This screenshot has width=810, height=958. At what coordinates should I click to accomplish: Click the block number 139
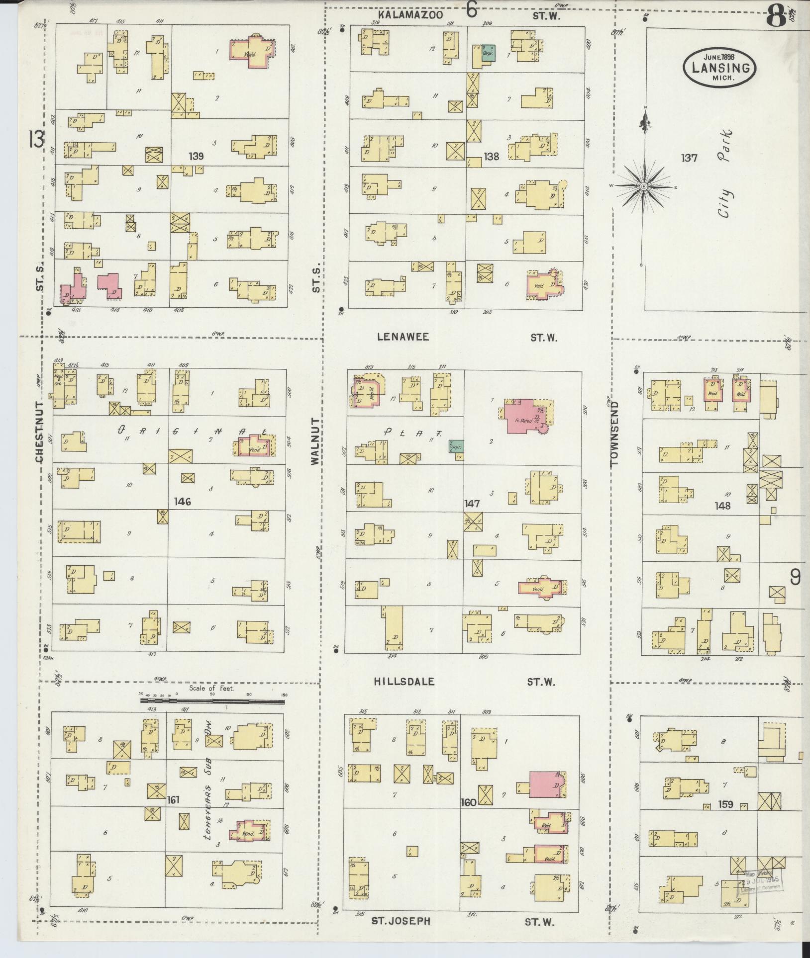click(x=197, y=157)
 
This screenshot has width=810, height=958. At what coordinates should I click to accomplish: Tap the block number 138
click(x=491, y=157)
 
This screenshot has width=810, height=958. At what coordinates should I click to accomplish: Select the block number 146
click(x=183, y=502)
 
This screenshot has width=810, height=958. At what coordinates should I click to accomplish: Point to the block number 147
click(x=472, y=504)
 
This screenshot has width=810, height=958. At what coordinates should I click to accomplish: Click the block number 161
click(x=174, y=800)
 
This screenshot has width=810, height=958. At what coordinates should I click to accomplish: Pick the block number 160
click(x=469, y=802)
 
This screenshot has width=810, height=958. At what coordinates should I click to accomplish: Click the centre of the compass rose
click(x=643, y=186)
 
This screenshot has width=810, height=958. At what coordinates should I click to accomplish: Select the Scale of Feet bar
click(x=212, y=701)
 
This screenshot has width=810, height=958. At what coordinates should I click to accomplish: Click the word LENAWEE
click(x=403, y=337)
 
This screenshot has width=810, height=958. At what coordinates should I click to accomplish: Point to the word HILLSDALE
click(x=405, y=682)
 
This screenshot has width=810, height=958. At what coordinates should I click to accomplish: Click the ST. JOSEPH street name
click(x=401, y=921)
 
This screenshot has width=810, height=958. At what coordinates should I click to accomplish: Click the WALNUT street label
click(x=314, y=441)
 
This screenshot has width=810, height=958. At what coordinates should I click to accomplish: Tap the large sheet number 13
click(x=36, y=139)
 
